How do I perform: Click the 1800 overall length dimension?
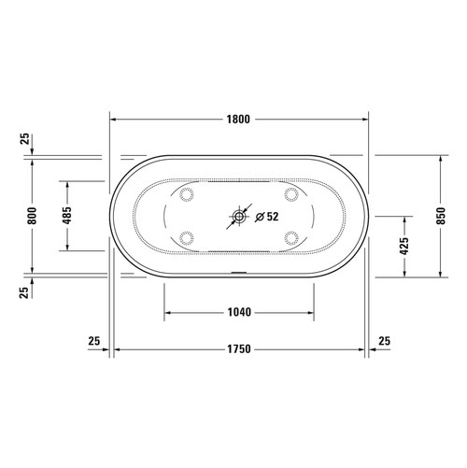click(240, 120)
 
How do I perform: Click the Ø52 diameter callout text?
click(266, 217)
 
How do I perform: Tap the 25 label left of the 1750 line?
click(93, 341)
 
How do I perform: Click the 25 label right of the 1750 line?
click(386, 341)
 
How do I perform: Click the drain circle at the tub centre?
click(240, 217)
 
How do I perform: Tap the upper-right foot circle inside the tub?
click(292, 194)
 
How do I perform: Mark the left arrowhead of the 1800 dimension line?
click(116, 120)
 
